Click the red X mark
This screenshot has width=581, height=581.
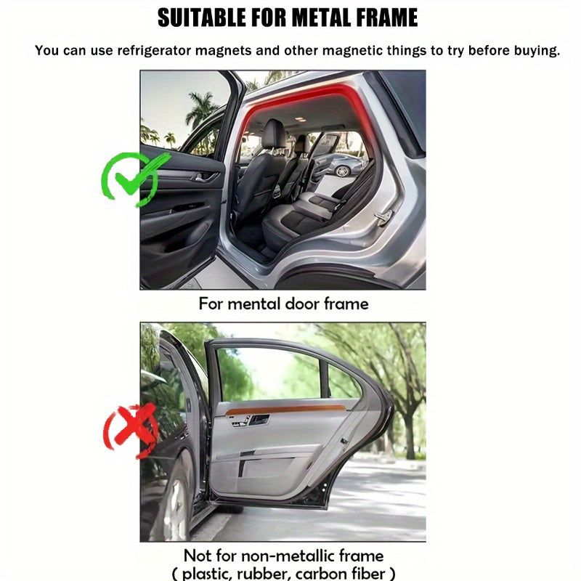pos(131,430)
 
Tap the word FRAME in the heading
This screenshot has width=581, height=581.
pos(387,17)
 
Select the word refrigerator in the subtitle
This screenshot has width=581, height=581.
pos(155,51)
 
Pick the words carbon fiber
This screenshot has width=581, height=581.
pos(340,573)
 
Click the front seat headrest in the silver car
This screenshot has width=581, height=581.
pos(274,134)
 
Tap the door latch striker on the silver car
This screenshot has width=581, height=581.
pos(383,215)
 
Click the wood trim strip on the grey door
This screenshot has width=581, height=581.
pos(285,410)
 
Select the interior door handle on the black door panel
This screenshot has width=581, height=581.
pos(204,177)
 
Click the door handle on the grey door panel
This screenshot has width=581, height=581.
pos(259,420)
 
